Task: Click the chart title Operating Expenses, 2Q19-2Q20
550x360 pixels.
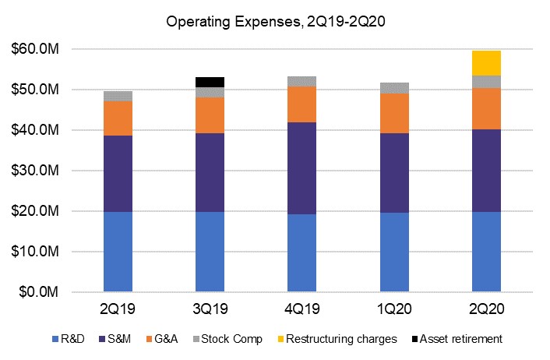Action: pos(274,23)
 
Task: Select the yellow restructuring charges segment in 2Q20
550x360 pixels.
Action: pos(486,62)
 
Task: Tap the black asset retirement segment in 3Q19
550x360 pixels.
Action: pos(210,82)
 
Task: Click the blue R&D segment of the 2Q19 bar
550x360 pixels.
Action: pos(118,252)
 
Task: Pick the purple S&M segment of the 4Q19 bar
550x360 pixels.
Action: pos(301,168)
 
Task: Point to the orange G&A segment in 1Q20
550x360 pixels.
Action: pos(393,113)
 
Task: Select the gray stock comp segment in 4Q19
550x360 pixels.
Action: pos(301,81)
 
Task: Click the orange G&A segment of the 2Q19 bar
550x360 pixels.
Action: pos(118,118)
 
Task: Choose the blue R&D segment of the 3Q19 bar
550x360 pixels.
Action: pos(210,252)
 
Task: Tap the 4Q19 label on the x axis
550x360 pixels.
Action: pos(301,309)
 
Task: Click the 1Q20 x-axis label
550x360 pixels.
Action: pos(393,309)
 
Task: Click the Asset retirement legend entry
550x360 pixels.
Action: pos(459,339)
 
